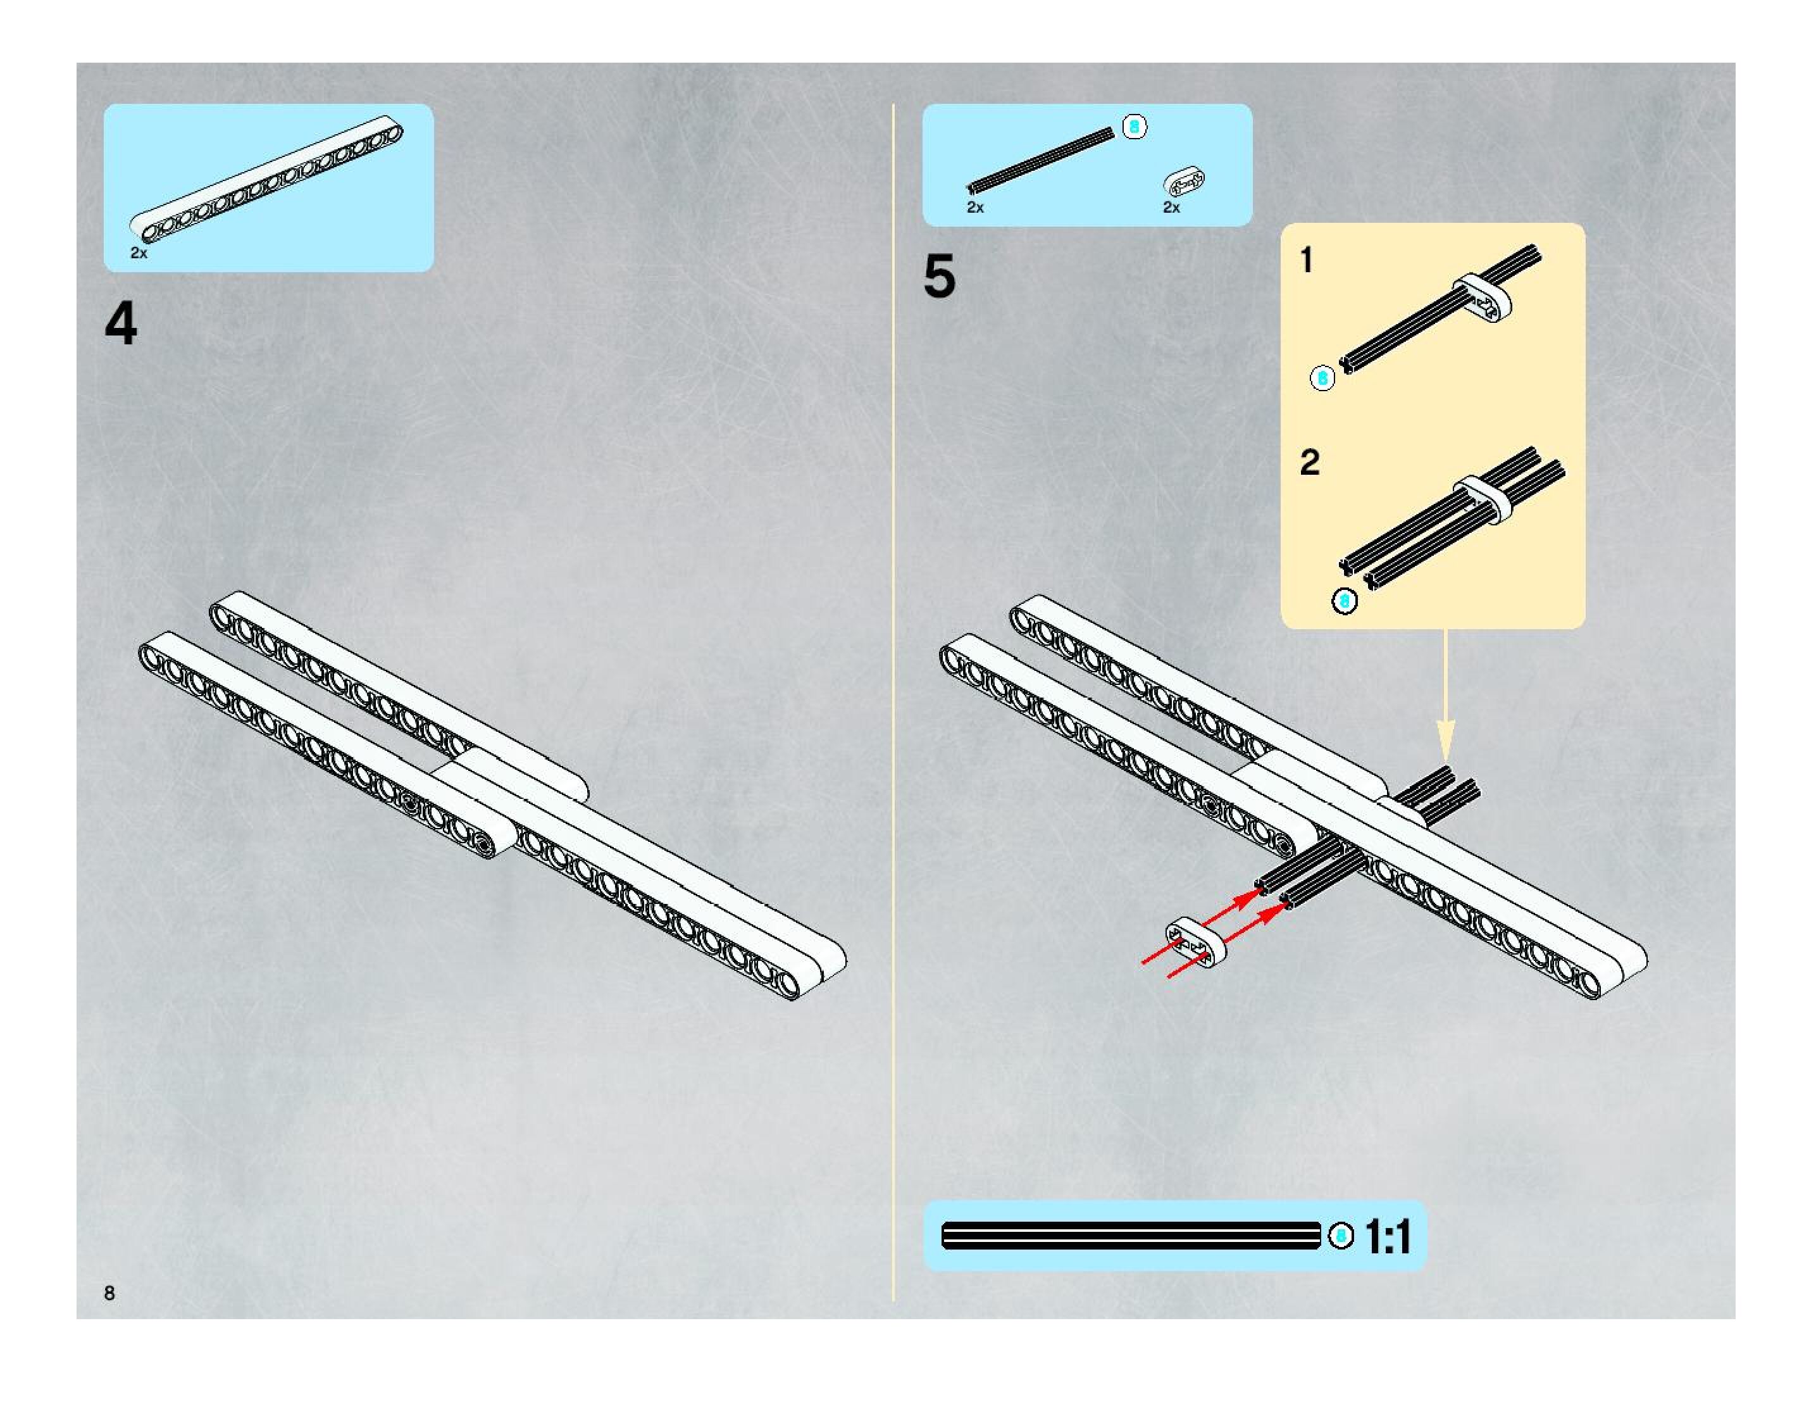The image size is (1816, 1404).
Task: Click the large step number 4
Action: pos(121,323)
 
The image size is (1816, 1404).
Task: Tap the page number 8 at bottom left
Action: pos(109,1293)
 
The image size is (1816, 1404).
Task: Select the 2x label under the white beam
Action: pos(139,253)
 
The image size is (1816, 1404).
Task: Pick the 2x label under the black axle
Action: pos(975,207)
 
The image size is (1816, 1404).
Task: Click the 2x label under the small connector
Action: pos(1172,207)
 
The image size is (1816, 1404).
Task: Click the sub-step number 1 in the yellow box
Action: pos(1306,260)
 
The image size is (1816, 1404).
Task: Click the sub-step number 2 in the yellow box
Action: pos(1310,463)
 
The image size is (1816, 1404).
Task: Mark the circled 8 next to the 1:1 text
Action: pos(1340,1236)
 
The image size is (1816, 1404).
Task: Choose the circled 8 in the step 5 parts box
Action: pos(1134,127)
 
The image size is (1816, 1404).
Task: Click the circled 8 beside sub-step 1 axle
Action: pos(1322,379)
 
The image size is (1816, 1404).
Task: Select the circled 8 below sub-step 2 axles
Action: pos(1345,601)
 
